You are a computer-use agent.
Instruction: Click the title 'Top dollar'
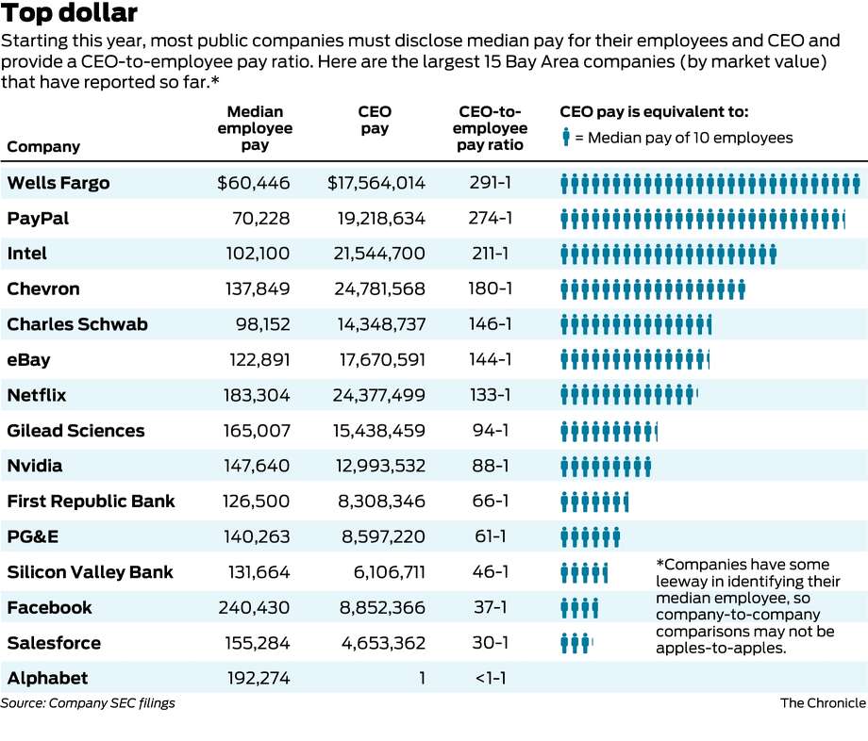(70, 14)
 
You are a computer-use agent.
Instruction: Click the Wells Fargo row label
(58, 183)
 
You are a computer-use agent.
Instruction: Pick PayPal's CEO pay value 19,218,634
(381, 219)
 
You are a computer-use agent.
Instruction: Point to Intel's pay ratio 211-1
(490, 254)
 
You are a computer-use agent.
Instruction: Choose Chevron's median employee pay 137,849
(258, 289)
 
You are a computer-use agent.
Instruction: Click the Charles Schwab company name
(77, 324)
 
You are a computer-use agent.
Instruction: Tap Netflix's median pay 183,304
(258, 395)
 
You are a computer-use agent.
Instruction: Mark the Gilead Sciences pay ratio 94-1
(490, 431)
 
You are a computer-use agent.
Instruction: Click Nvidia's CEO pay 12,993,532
(381, 466)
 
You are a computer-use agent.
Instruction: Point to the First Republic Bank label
(91, 502)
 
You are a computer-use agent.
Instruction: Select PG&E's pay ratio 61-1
(490, 536)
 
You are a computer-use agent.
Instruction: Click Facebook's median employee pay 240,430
(258, 607)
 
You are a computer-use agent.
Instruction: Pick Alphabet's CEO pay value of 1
(422, 678)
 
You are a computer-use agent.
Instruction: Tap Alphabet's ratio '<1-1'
(490, 678)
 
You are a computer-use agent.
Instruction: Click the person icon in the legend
(566, 138)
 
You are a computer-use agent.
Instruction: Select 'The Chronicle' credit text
(823, 702)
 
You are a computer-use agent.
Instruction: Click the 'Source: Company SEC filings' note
(88, 702)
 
